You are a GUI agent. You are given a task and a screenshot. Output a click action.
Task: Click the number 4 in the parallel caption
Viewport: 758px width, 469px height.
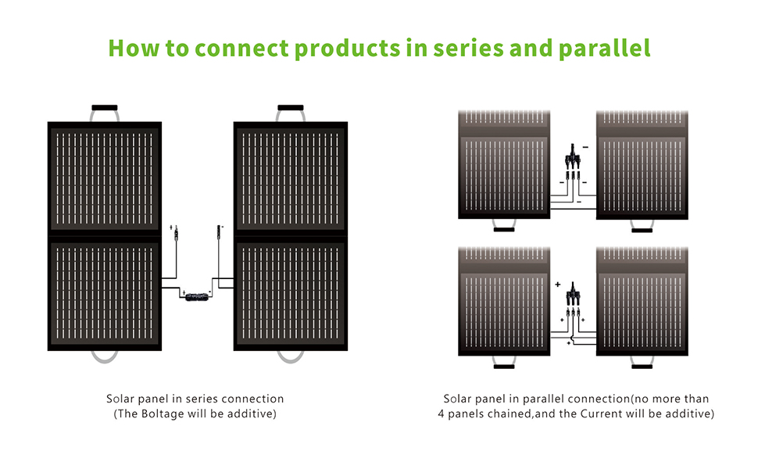pyautogui.click(x=441, y=414)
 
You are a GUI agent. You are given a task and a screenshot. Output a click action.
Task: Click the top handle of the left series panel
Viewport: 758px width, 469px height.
pyautogui.click(x=104, y=108)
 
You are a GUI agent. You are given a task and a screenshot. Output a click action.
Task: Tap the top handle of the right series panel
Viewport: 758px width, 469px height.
pyautogui.click(x=291, y=108)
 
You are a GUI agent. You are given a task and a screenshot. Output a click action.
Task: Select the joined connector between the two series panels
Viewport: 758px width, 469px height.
pyautogui.click(x=198, y=296)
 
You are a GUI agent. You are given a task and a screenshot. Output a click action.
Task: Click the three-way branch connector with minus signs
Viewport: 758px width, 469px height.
pyautogui.click(x=573, y=160)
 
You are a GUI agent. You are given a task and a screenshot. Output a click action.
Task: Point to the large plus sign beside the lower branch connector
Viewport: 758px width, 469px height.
pyautogui.click(x=558, y=286)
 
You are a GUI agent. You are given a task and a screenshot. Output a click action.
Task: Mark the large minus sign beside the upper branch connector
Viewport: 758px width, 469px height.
pyautogui.click(x=587, y=147)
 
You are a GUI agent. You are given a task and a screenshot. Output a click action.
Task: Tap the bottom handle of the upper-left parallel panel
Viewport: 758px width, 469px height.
pyautogui.click(x=504, y=230)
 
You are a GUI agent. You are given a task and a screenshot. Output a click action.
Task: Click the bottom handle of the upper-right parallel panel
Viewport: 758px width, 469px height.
pyautogui.click(x=642, y=230)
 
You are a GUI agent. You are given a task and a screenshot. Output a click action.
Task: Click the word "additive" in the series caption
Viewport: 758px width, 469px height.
pyautogui.click(x=251, y=414)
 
